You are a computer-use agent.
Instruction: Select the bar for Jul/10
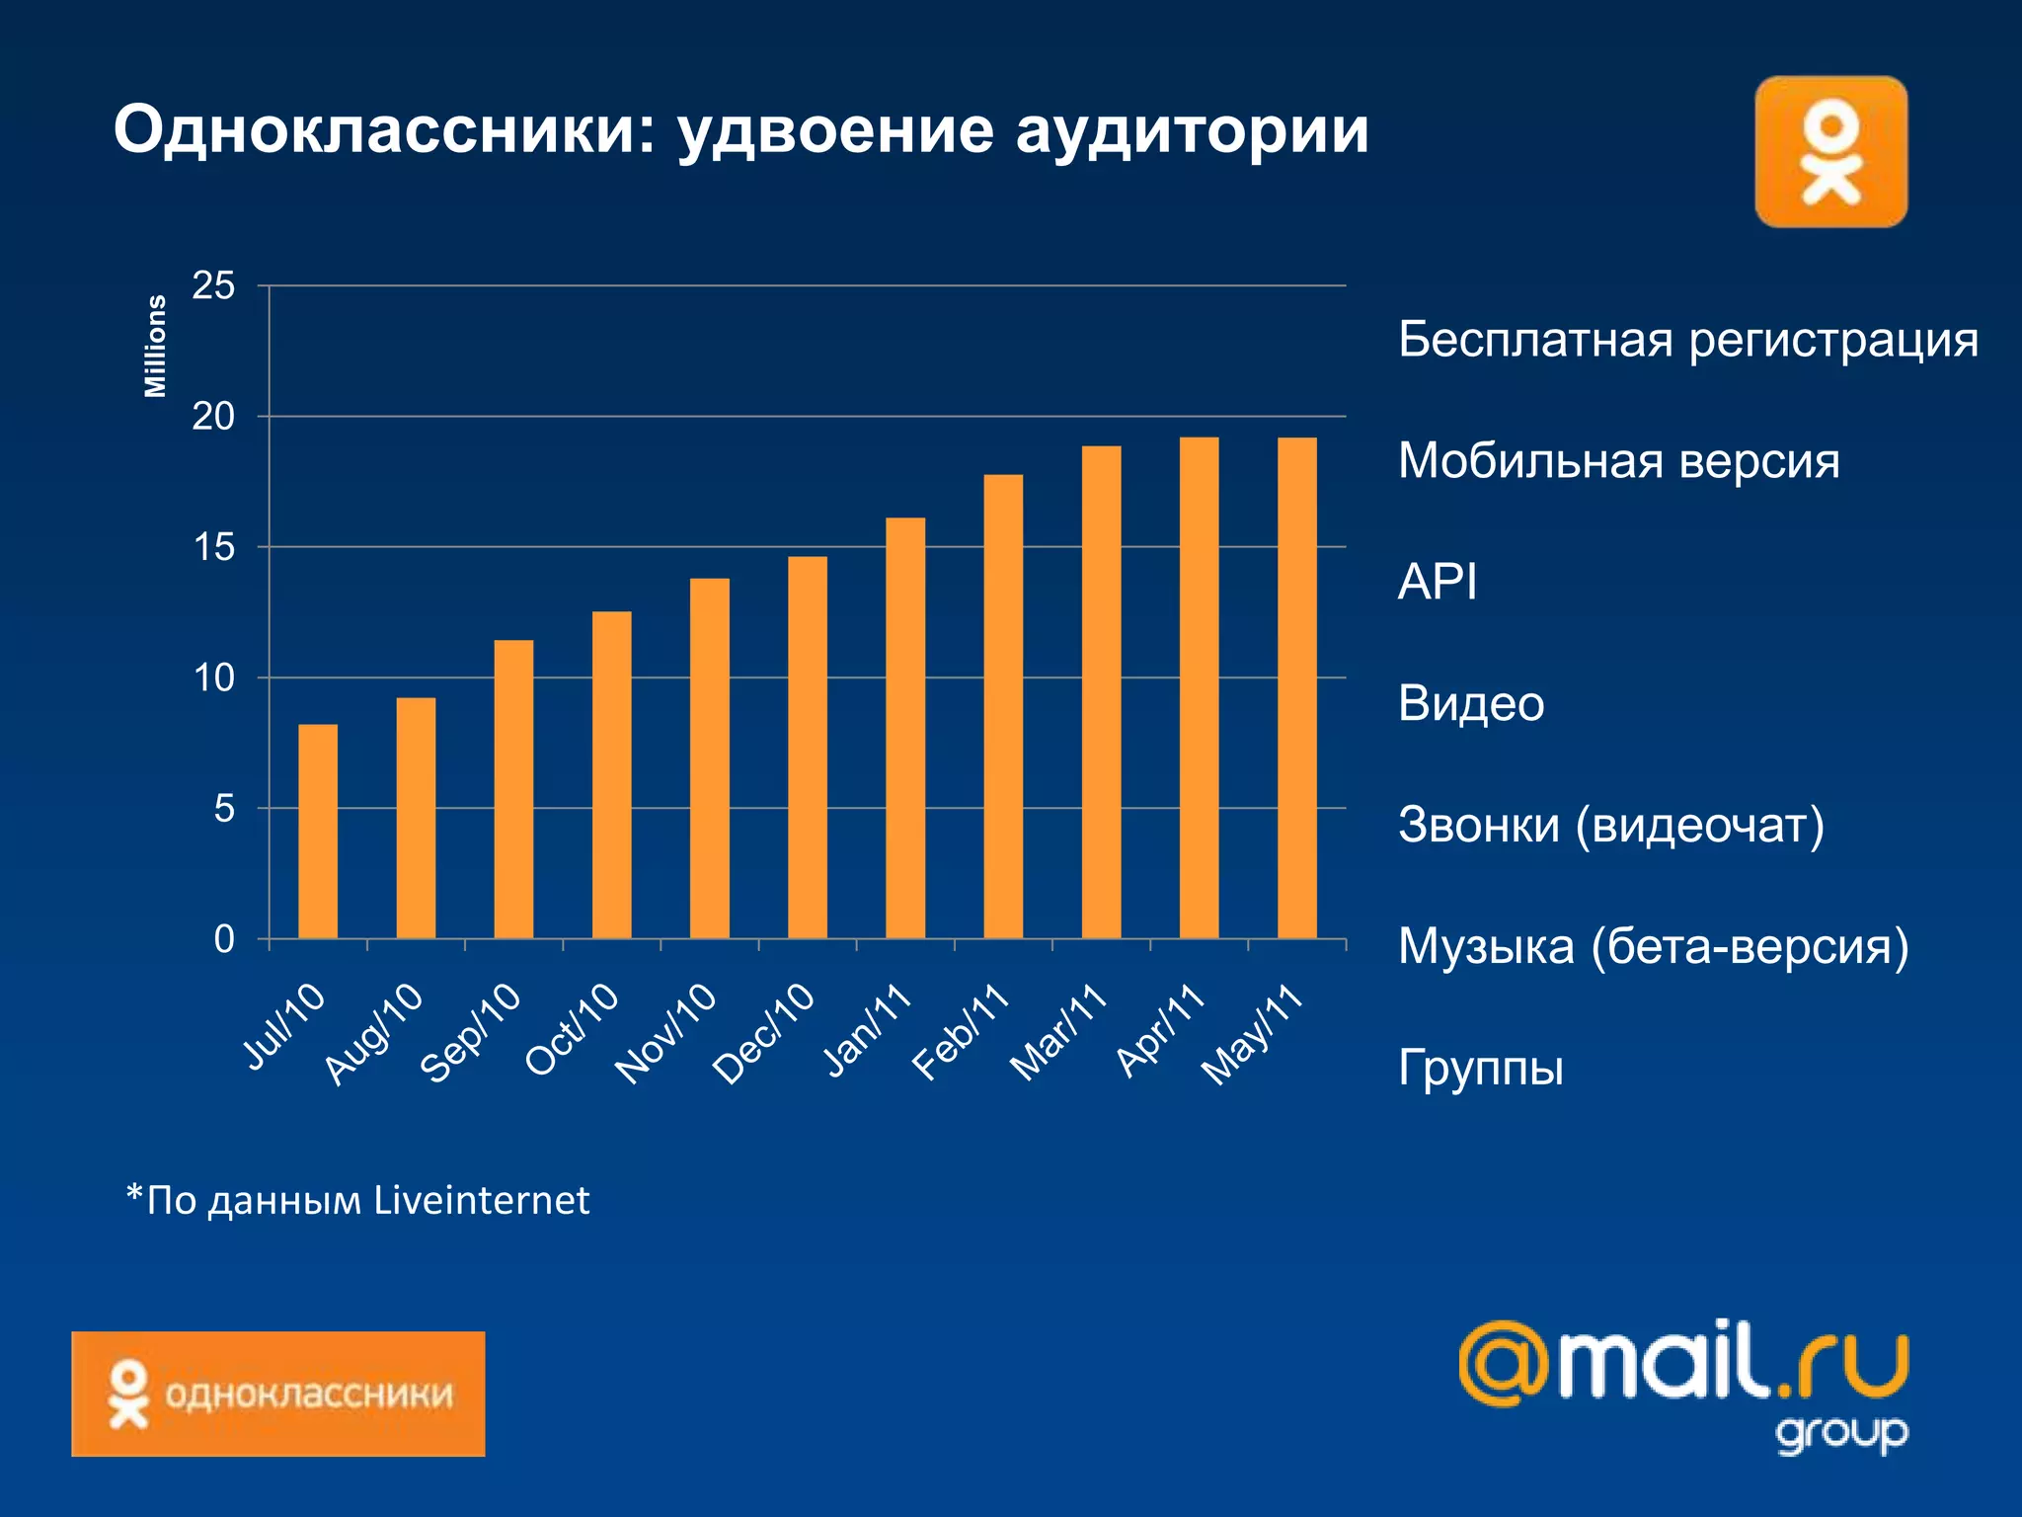(x=318, y=832)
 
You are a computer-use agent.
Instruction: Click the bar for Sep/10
(x=513, y=789)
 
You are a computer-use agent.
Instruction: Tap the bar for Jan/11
(x=905, y=728)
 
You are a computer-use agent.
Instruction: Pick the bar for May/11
(x=1296, y=687)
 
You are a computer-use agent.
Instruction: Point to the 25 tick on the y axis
(x=213, y=286)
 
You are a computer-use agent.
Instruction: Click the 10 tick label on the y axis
(x=213, y=678)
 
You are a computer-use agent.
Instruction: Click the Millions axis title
(x=155, y=347)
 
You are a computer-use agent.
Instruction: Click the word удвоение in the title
(x=835, y=130)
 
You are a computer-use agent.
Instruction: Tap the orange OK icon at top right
(x=1830, y=152)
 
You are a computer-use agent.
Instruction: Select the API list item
(x=1437, y=582)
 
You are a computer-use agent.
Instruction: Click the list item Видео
(x=1470, y=704)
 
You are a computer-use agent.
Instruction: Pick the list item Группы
(x=1480, y=1068)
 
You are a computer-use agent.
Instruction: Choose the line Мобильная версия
(x=1618, y=461)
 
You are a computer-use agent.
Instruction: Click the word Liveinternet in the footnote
(x=482, y=1200)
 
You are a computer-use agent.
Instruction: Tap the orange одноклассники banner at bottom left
(x=277, y=1394)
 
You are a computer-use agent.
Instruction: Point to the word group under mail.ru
(x=1841, y=1433)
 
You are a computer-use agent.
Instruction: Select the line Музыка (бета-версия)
(x=1653, y=946)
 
